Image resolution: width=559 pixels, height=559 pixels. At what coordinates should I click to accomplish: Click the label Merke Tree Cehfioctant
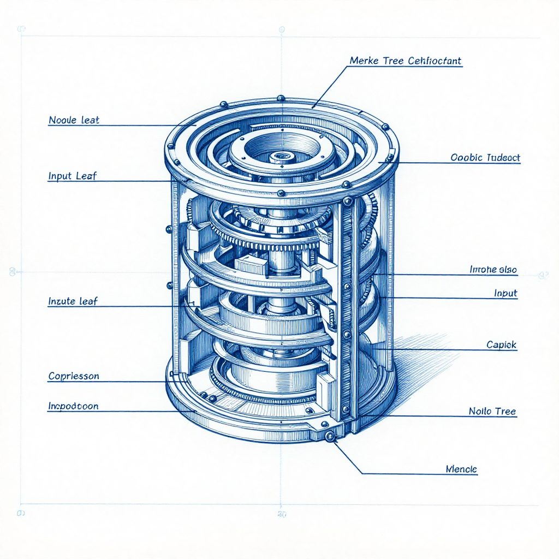point(405,61)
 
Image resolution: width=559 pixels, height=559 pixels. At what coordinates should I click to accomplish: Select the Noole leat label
point(74,120)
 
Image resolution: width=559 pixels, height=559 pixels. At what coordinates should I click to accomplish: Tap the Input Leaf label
point(73,176)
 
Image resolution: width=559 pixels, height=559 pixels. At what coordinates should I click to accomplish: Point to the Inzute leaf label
point(73,301)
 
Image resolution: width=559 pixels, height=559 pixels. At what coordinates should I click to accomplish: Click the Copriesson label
point(74,376)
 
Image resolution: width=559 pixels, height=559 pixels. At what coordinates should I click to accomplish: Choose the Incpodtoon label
point(73,406)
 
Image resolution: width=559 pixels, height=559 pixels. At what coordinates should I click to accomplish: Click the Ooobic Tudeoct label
point(485,158)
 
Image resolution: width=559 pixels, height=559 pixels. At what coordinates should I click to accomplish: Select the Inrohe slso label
point(493,269)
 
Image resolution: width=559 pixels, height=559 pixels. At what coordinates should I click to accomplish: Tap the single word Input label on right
point(506,293)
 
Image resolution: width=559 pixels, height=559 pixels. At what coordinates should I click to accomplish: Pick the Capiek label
point(501,345)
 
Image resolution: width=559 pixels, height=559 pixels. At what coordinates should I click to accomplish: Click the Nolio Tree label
point(492,411)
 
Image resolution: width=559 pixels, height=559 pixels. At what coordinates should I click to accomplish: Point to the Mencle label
point(461,469)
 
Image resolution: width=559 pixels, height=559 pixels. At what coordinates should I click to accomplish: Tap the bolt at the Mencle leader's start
point(329,436)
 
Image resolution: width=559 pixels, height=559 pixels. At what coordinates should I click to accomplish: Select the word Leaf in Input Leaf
point(86,176)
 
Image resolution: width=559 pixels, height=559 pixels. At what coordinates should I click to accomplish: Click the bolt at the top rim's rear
point(281,98)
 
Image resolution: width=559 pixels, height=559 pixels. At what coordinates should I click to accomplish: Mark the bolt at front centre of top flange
point(281,193)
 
